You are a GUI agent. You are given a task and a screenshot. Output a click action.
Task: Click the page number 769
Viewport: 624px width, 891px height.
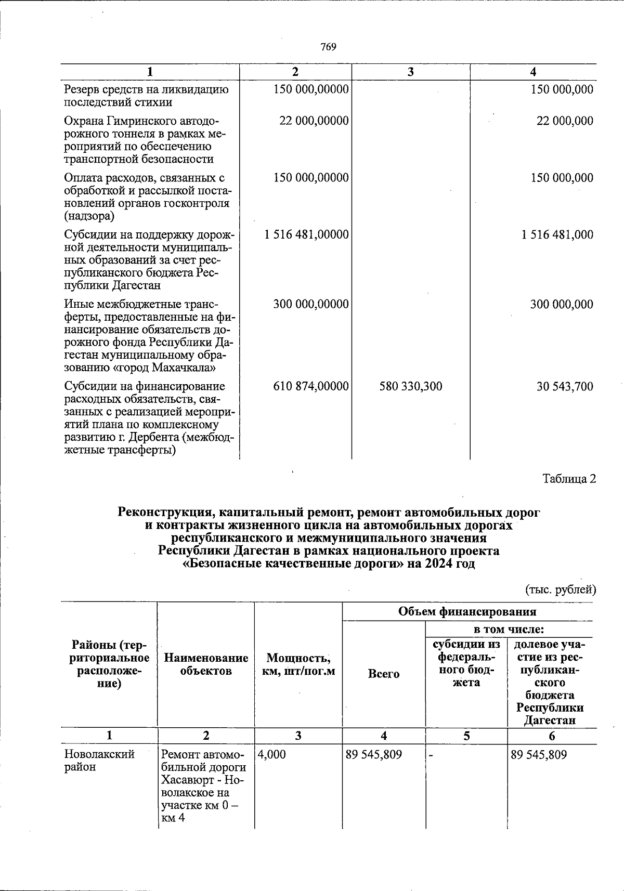tap(328, 47)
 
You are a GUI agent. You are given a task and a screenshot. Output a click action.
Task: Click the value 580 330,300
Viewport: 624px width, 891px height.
tap(411, 386)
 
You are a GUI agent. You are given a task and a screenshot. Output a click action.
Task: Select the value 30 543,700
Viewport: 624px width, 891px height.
tap(565, 386)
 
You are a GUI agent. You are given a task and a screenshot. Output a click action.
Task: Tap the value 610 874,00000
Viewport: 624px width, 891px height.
tap(311, 386)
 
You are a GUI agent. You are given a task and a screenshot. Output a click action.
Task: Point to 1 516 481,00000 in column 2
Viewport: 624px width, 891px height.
tap(306, 234)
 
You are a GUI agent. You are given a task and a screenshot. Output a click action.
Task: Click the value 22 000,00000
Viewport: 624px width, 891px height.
tap(314, 121)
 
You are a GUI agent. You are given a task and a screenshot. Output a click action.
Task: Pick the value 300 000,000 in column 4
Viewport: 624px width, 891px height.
tap(562, 304)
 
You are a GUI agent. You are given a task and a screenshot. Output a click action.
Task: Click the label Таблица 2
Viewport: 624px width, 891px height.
tap(569, 479)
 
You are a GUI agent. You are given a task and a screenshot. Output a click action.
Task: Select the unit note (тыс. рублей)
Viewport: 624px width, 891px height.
tap(561, 589)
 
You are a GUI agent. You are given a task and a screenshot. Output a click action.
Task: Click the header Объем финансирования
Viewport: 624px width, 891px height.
tap(467, 611)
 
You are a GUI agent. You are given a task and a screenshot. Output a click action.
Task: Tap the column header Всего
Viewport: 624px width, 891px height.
tap(384, 674)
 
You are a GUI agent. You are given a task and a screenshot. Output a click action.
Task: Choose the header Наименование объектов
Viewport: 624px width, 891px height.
tap(206, 664)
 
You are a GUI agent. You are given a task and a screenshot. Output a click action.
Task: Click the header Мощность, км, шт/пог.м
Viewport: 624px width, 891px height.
tap(298, 664)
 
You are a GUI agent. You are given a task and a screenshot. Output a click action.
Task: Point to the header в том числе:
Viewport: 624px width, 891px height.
tap(508, 630)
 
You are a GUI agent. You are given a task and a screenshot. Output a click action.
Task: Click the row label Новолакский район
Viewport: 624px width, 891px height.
tap(99, 761)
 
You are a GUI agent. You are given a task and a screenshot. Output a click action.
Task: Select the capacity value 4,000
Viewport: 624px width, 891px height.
tap(271, 754)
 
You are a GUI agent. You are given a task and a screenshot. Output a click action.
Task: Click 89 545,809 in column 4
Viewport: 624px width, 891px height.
tap(374, 754)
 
